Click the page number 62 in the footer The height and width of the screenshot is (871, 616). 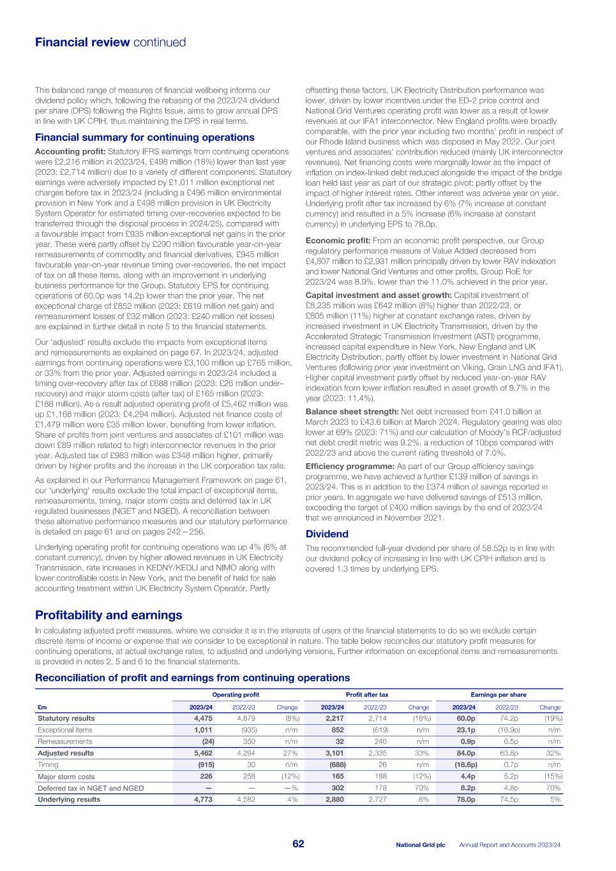click(x=298, y=844)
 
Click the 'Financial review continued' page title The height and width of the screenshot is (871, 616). click(x=110, y=43)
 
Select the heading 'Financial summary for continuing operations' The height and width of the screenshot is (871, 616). click(x=144, y=137)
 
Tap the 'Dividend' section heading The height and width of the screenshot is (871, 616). click(x=327, y=534)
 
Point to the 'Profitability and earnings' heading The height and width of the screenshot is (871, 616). click(x=109, y=615)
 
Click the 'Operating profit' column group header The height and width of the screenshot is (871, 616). click(x=235, y=695)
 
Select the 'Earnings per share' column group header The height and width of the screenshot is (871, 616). click(x=498, y=695)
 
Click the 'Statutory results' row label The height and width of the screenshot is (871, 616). click(x=66, y=718)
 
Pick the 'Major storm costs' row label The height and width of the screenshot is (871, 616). click(x=66, y=777)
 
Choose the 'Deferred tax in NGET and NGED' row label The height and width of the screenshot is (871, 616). click(x=91, y=788)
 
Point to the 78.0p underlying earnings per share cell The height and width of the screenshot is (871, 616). click(x=465, y=800)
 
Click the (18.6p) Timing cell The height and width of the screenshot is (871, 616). click(x=464, y=764)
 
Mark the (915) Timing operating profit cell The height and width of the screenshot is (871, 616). click(x=204, y=764)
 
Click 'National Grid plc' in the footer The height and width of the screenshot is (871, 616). click(x=420, y=845)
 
